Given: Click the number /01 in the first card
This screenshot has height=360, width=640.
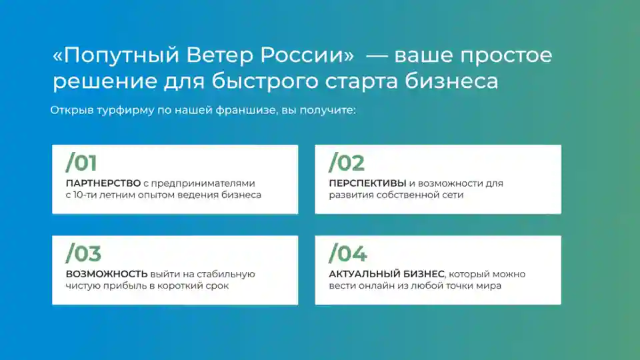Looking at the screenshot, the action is [x=81, y=163].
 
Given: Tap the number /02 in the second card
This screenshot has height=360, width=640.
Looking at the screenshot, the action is [x=347, y=163].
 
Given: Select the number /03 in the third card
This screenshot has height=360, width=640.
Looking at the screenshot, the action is [x=83, y=253].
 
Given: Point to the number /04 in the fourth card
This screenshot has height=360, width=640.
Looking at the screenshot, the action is [x=348, y=253].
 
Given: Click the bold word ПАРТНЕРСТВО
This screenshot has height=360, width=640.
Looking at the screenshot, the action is [x=103, y=183].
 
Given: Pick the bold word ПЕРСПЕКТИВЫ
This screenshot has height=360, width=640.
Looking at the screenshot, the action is [x=367, y=183].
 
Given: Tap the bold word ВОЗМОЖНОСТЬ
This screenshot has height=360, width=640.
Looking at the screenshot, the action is [x=107, y=274].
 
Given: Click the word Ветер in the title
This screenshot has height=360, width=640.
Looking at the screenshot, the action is [x=219, y=55].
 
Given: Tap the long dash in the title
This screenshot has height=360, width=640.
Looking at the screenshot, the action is [x=376, y=55].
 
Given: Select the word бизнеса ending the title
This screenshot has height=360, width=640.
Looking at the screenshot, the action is [x=451, y=81].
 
